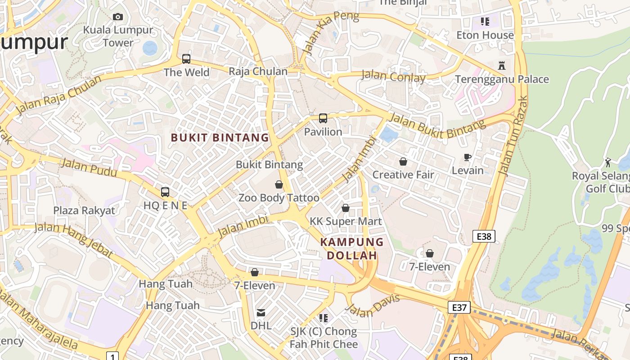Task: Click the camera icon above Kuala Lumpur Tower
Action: pos(118,17)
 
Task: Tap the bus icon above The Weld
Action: pos(186,59)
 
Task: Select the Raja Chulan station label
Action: pos(258,72)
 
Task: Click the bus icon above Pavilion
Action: pos(323,118)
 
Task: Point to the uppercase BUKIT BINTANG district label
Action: pos(220,138)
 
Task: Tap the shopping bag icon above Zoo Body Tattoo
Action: pos(279,184)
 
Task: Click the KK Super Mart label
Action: pos(346,221)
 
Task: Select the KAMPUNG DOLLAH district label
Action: pos(352,249)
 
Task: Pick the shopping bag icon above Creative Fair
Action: pos(403,162)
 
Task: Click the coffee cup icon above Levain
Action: pos(468,157)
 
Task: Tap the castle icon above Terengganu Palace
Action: pos(502,66)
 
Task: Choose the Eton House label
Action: pos(485,35)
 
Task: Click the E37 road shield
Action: pos(459,307)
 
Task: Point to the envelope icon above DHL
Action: pos(261,313)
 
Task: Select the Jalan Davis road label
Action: pos(373,306)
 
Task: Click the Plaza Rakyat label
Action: pos(84,211)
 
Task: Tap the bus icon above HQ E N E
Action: pos(165,192)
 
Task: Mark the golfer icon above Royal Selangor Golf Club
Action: pos(608,162)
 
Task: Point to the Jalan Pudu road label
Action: pos(89,167)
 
